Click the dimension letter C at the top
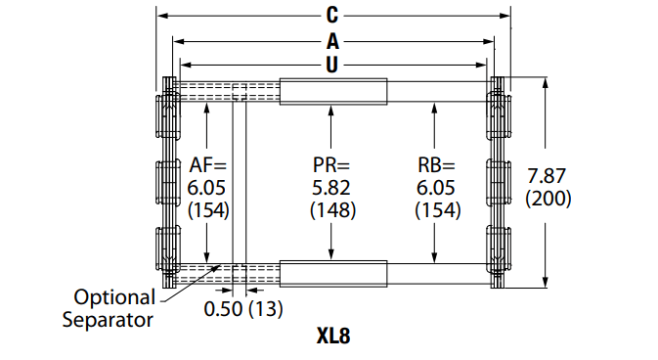tap(332, 15)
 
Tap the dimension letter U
tap(332, 65)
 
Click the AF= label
tap(207, 165)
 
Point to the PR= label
tap(332, 165)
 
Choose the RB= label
tap(437, 165)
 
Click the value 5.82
tap(332, 187)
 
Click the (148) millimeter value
tap(332, 209)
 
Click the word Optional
tap(115, 296)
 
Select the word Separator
tap(109, 319)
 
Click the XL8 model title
tap(332, 337)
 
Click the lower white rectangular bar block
tap(332, 272)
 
